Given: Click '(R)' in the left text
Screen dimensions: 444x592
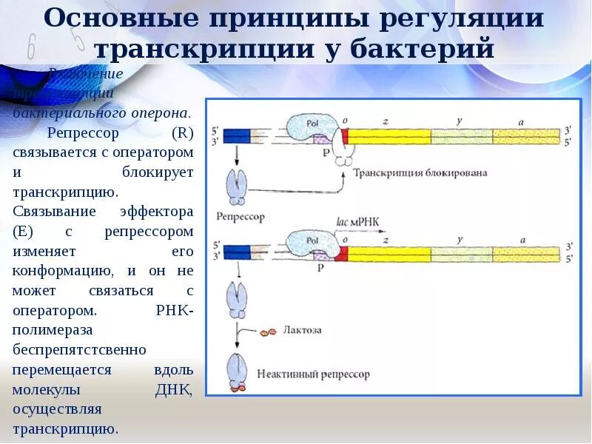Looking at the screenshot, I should (x=181, y=134).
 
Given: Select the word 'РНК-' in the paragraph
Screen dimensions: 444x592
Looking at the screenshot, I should (x=175, y=311).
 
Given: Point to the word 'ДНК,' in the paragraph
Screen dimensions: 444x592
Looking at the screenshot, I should (x=174, y=389).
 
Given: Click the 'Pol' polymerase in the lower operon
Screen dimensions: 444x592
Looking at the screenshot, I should (x=312, y=240).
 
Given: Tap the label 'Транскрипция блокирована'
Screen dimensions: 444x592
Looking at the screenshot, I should (x=420, y=173).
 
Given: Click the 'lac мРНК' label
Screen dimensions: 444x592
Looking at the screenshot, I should (x=358, y=221).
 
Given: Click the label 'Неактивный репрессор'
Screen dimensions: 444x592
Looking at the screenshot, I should (x=313, y=374).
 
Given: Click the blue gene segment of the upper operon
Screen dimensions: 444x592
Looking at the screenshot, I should (x=237, y=135).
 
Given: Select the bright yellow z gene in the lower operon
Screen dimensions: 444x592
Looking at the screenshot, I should (x=388, y=254).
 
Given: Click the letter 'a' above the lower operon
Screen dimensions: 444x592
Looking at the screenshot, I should (x=522, y=238).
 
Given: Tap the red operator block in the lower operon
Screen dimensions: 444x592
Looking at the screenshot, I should (x=341, y=254).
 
